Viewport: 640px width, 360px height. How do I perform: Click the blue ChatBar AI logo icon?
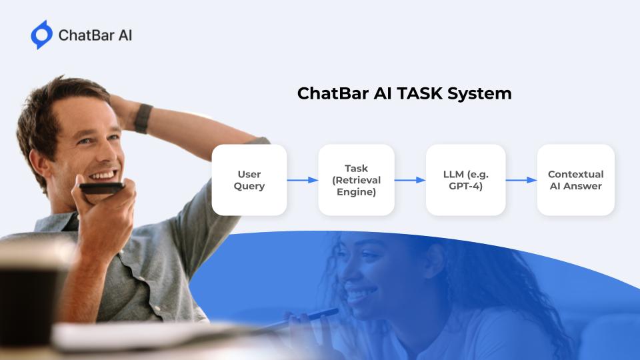click(x=41, y=35)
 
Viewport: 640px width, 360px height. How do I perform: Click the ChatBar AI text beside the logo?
click(x=95, y=35)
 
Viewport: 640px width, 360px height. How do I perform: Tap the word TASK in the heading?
click(x=420, y=93)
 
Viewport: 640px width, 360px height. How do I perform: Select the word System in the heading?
click(x=479, y=94)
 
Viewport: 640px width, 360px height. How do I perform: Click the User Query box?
click(x=249, y=180)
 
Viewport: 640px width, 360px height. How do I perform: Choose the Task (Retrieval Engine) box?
click(x=356, y=180)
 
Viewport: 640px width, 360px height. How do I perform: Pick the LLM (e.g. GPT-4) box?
click(x=466, y=180)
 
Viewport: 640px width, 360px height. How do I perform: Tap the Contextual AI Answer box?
click(x=576, y=180)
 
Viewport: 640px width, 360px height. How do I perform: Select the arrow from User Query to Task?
click(x=303, y=180)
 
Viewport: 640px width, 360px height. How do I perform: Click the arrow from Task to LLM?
click(x=410, y=180)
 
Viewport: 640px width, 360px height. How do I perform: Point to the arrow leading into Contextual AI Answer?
click(x=521, y=180)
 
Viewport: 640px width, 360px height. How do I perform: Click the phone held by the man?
click(x=101, y=188)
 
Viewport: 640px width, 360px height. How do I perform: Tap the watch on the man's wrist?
click(x=143, y=119)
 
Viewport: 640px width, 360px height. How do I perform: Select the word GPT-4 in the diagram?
click(x=466, y=186)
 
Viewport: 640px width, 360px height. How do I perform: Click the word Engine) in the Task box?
click(x=356, y=192)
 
